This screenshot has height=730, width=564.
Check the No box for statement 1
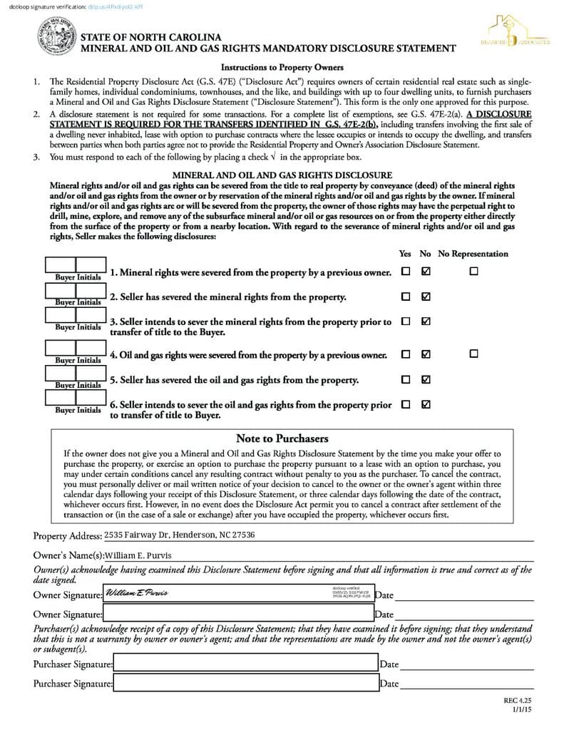(x=426, y=272)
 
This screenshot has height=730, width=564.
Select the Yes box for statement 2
(x=406, y=297)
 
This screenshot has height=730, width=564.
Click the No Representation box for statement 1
(x=473, y=272)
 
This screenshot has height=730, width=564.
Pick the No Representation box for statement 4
(x=473, y=354)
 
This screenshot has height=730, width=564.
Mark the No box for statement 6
(x=426, y=404)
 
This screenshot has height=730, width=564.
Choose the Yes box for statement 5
(x=406, y=379)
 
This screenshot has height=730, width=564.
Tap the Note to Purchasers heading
(x=282, y=438)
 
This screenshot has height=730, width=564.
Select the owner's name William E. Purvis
(x=138, y=555)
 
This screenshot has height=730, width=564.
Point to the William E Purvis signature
(x=136, y=594)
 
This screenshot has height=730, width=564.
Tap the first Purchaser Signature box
(x=245, y=664)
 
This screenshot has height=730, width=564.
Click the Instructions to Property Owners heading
(x=282, y=68)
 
